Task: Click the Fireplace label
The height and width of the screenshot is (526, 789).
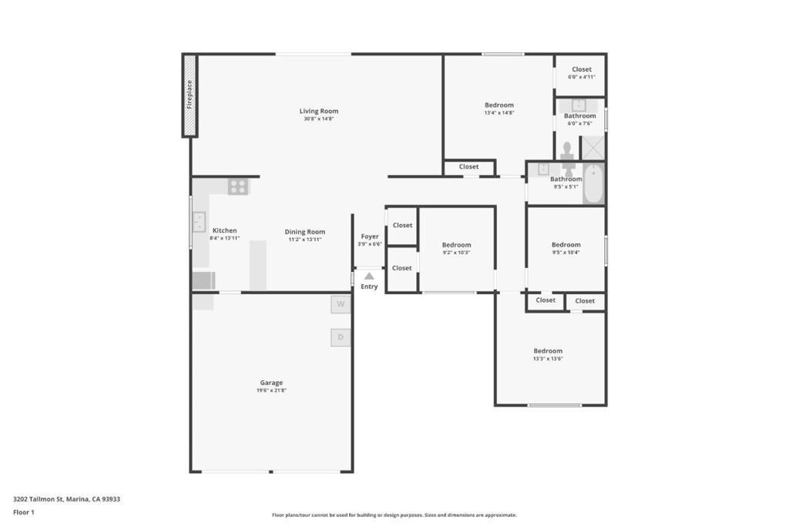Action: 190,94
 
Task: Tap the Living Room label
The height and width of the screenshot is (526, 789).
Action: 318,111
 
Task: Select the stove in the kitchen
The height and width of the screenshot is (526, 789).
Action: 238,186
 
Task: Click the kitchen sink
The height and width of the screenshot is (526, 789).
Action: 199,222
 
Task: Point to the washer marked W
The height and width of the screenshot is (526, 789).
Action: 341,305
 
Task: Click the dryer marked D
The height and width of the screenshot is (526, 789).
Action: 341,337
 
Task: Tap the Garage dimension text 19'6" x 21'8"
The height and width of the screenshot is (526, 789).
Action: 271,390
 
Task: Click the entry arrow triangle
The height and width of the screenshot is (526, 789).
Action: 369,276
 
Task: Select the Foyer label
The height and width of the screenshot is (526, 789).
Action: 370,236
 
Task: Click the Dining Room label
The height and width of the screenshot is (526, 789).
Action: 304,231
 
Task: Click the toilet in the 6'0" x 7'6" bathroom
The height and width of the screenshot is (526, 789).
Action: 568,149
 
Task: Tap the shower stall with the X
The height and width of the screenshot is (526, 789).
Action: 593,146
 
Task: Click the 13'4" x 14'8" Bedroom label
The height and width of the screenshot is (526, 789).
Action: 499,105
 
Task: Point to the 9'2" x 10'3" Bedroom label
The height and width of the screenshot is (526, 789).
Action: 456,245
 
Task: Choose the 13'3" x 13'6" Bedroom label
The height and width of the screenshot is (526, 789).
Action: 548,350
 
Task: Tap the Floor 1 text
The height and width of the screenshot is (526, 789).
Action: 24,512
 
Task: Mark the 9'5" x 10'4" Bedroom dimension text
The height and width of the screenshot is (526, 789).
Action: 566,253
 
